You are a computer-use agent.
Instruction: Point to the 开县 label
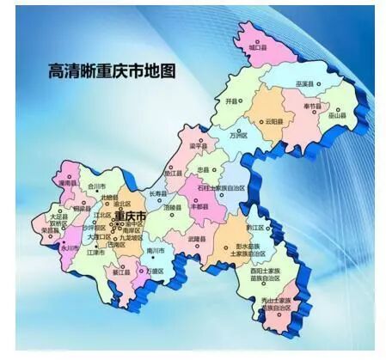tap(230, 101)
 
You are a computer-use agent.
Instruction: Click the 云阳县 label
tap(275, 121)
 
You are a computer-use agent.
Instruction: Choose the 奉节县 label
tap(313, 107)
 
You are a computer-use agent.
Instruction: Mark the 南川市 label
tap(156, 250)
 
